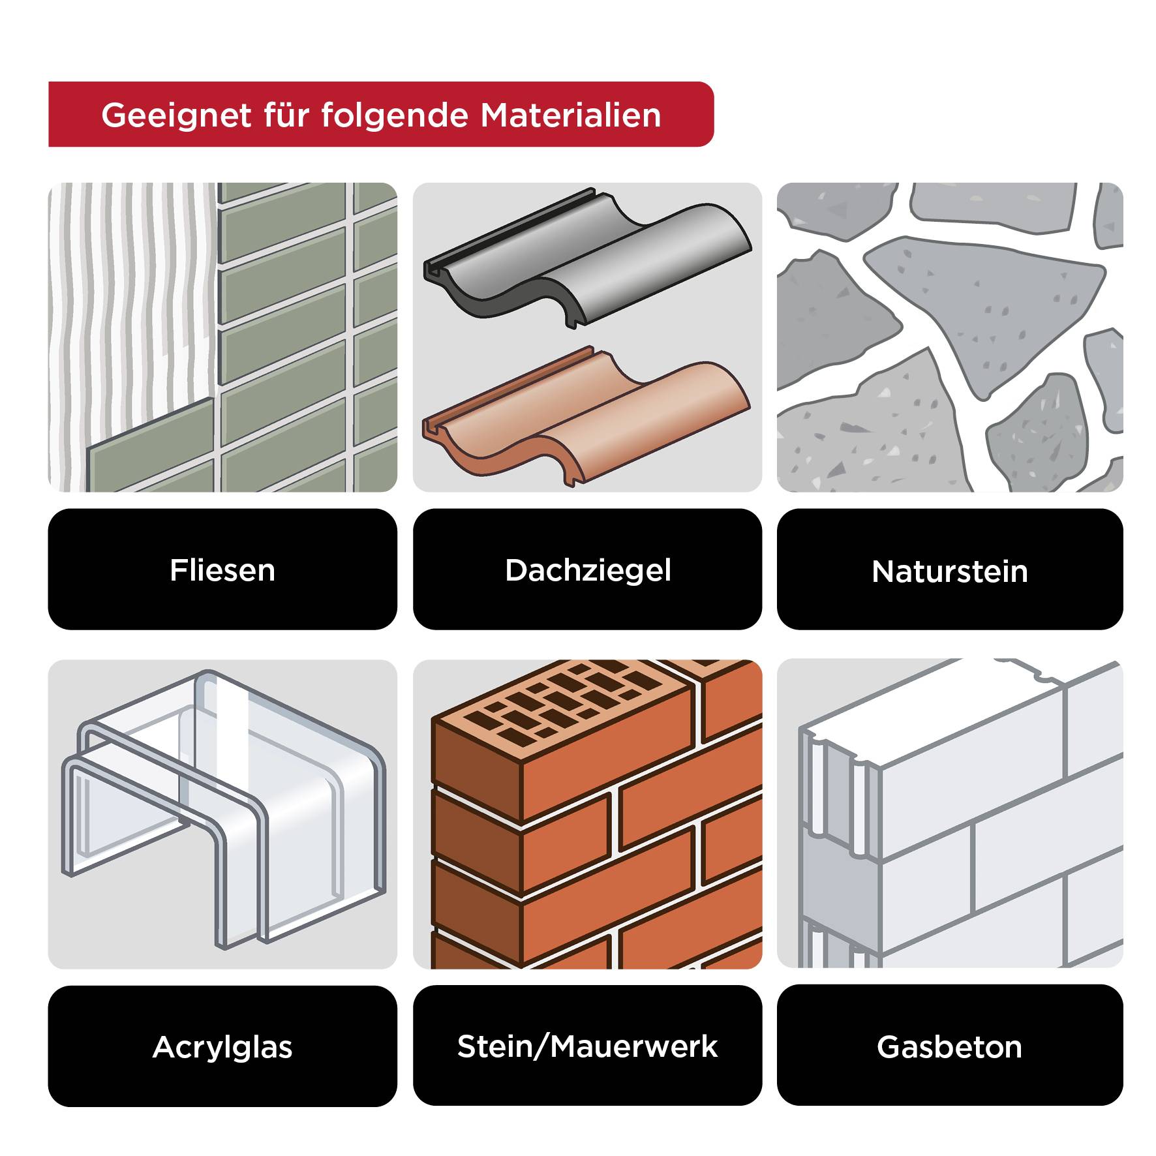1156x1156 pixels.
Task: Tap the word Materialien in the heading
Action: pyautogui.click(x=571, y=115)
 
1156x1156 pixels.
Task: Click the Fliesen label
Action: pyautogui.click(x=222, y=570)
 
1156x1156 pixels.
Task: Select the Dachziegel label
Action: pyautogui.click(x=587, y=570)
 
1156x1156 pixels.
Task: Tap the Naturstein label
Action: pyautogui.click(x=949, y=571)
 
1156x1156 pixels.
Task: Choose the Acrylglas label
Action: pyautogui.click(x=222, y=1047)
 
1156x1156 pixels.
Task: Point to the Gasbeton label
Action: pyautogui.click(x=949, y=1046)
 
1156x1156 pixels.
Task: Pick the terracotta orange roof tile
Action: pyautogui.click(x=626, y=418)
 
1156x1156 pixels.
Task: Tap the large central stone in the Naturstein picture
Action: pyautogui.click(x=985, y=307)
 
